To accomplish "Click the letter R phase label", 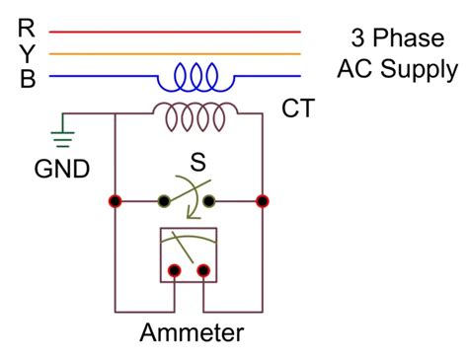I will point(27,29).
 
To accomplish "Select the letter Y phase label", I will point(27,53).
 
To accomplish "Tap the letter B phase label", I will point(27,78).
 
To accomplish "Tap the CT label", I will point(298,108).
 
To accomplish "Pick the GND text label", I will point(63,169).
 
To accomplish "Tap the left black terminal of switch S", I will point(164,201).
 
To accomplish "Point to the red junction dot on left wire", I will point(116,201).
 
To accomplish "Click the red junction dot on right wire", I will point(262,201).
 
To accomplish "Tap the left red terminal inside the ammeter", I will point(175,269).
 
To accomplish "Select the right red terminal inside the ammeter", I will point(203,269).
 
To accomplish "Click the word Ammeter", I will point(191,331).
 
